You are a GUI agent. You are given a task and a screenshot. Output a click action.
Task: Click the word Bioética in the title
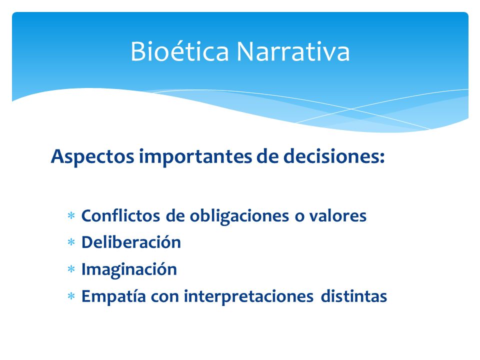(179, 51)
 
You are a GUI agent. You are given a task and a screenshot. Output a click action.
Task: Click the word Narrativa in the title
(293, 51)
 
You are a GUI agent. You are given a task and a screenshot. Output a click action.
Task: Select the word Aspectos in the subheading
(92, 157)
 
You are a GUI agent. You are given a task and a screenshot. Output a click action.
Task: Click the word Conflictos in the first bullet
(120, 215)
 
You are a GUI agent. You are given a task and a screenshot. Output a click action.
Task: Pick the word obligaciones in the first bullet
(239, 216)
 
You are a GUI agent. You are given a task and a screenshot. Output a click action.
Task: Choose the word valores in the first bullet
(337, 215)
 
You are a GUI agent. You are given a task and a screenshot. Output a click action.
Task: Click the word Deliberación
(131, 242)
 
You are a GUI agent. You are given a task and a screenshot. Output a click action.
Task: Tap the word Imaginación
(129, 269)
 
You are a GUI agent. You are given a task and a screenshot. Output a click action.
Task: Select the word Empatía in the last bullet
(113, 296)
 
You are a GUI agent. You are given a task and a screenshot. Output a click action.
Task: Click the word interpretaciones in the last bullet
(248, 296)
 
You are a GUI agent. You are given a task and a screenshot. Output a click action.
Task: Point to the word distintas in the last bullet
(354, 296)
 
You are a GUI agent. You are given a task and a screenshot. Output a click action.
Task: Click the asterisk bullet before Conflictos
(71, 216)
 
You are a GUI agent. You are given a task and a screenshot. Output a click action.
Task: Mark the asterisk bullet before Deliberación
(71, 242)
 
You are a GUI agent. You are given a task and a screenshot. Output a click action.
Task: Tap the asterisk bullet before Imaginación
(71, 269)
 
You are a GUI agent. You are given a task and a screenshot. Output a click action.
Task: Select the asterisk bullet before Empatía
(71, 296)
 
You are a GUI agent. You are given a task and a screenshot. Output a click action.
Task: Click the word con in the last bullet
(164, 297)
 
